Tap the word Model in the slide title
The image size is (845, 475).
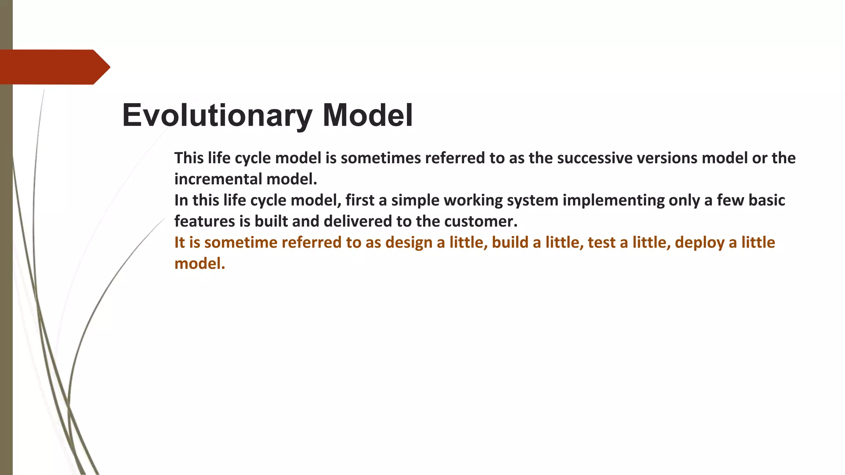tap(367, 115)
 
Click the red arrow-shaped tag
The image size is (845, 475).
tap(54, 67)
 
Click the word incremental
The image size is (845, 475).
tap(218, 179)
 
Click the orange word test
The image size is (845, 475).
tap(601, 242)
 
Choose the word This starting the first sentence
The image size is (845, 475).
tap(189, 158)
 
